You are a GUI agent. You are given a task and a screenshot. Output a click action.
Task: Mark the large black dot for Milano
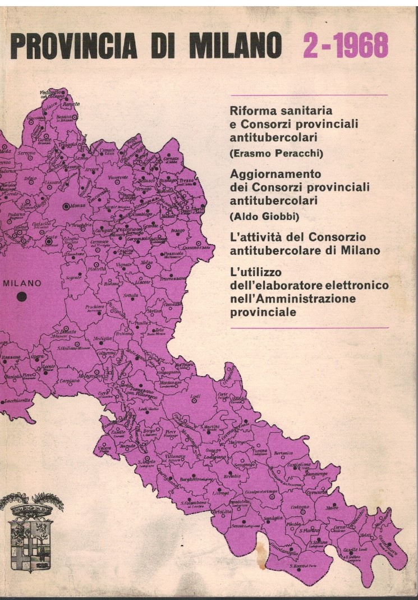[x=22, y=297]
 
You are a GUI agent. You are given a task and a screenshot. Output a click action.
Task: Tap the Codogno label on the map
[x=300, y=507]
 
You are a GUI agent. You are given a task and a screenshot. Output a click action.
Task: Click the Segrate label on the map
[x=74, y=279]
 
